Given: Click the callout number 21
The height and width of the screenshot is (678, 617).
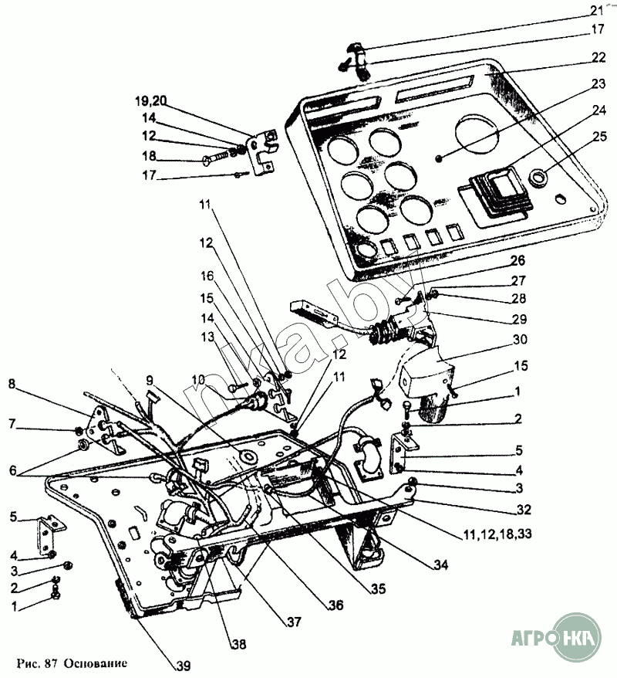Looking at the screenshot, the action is pos(597,9).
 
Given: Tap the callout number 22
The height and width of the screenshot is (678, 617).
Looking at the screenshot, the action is pos(598,57).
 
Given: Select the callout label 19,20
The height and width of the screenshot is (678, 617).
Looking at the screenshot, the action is pos(150,100).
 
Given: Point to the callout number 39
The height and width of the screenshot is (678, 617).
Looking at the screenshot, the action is pos(184,666).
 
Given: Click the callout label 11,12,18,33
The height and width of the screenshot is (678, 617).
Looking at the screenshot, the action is pos(497,534).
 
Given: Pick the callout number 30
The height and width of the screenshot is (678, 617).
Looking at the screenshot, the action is pos(521,340).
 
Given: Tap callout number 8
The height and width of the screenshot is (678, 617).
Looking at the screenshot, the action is pos(12,384).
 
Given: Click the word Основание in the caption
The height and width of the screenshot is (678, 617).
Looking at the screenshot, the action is pos(96,663).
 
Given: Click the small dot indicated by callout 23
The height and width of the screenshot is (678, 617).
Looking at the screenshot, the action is pos(439,159).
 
